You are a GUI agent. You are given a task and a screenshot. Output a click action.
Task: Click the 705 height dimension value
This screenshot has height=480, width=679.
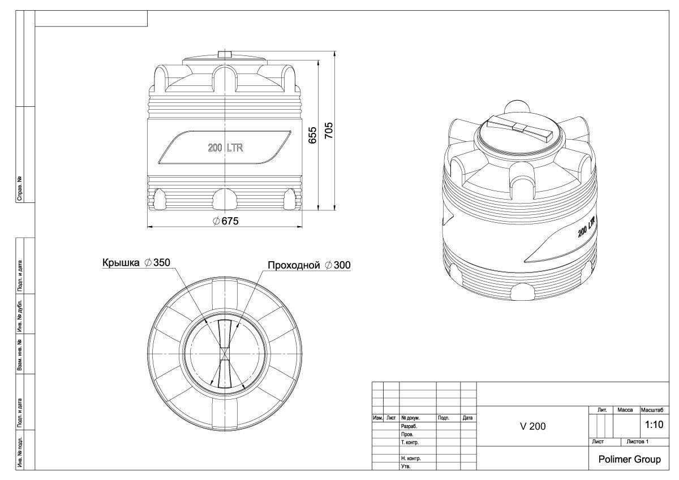pos(329,131)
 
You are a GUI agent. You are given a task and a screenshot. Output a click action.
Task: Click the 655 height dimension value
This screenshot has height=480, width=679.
pos(312,135)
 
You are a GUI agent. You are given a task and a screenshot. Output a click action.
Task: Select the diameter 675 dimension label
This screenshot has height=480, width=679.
pos(226,221)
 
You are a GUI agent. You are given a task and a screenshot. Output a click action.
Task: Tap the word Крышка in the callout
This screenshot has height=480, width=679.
pos(121,262)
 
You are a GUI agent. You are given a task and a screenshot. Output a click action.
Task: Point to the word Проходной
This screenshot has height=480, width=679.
pos(294,265)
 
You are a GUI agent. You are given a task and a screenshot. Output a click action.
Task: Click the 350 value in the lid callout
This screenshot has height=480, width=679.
pos(162,262)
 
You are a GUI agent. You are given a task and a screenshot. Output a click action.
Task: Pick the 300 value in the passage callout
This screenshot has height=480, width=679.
pos(342,265)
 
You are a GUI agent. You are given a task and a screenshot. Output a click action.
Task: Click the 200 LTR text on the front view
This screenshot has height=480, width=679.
pos(225,148)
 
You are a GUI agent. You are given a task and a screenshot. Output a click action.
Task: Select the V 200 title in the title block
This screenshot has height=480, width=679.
pos(532,426)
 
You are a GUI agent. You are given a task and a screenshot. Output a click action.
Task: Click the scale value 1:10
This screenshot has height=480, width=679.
pos(654,425)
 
